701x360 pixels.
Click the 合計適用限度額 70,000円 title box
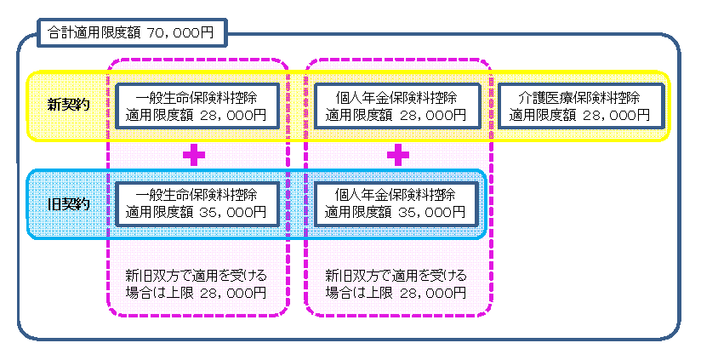(x=132, y=34)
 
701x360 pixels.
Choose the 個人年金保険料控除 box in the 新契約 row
(x=396, y=106)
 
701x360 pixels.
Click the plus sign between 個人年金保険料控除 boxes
(x=397, y=155)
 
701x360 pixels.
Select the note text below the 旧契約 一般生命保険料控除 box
(x=196, y=284)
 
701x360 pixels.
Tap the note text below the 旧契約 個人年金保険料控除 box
(x=396, y=284)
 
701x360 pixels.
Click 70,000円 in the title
(x=186, y=34)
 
